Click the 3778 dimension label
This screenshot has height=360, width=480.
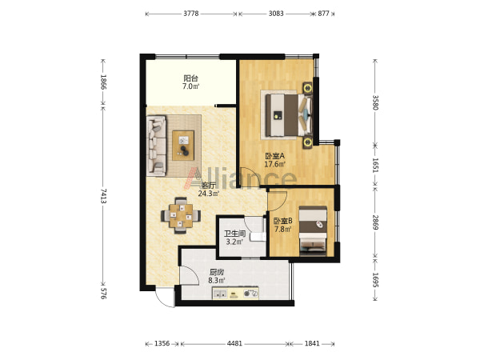point(191,14)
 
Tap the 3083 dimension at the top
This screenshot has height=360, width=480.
point(276,14)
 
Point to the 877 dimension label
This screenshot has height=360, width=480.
point(323,14)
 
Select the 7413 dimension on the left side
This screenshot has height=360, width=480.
point(103,196)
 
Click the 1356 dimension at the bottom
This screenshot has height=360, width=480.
point(162,343)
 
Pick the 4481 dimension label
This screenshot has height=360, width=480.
point(234,343)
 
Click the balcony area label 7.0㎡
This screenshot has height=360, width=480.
point(190,86)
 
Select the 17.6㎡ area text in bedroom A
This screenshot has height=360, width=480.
point(275,164)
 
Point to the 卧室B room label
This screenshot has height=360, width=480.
point(283,221)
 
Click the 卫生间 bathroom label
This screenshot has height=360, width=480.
point(234,234)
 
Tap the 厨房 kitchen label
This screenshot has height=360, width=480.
point(217,272)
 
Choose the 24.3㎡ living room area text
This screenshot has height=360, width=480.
point(209,194)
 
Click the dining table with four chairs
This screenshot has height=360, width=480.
point(181,215)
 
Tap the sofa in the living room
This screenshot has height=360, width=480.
point(157,146)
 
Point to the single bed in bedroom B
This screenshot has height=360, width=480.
point(313,230)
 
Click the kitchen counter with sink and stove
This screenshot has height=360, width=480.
point(235,294)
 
